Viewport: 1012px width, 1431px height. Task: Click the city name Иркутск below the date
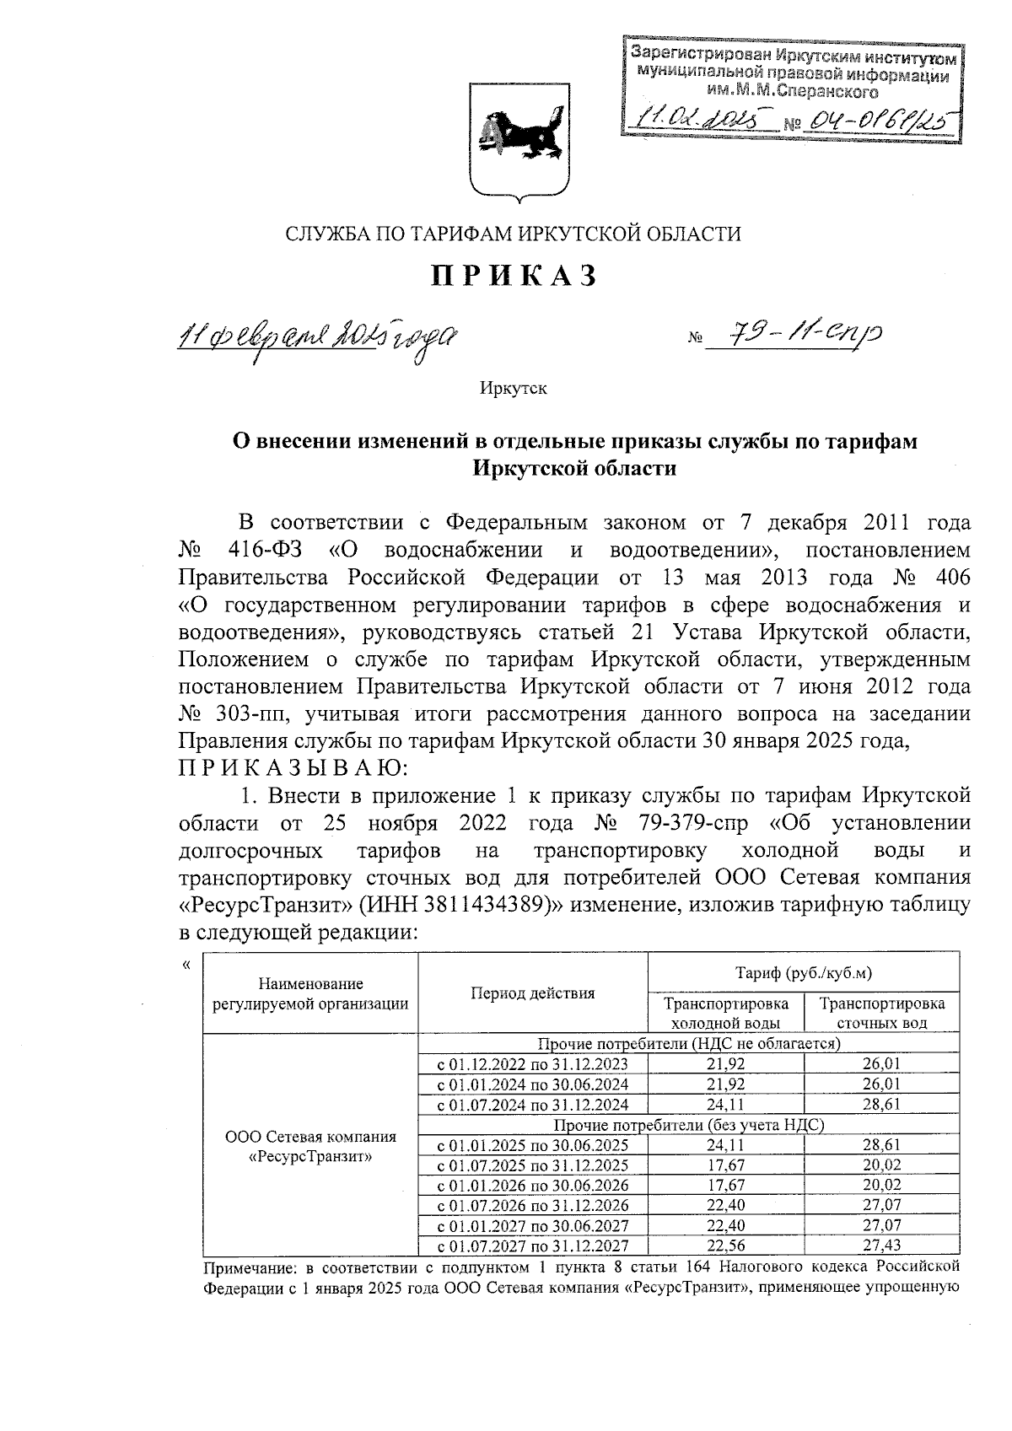(x=514, y=389)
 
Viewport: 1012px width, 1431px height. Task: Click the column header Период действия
(x=532, y=993)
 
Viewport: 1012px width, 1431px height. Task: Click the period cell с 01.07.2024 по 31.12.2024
(x=533, y=1105)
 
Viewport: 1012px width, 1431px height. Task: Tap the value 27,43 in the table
(x=881, y=1246)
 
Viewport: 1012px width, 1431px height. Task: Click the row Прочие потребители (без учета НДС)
(x=688, y=1125)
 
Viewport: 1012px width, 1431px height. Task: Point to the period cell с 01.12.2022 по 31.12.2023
(x=533, y=1064)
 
